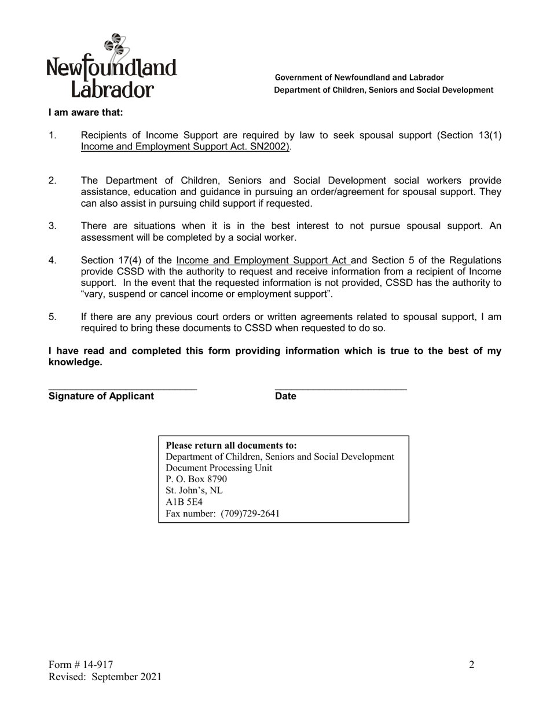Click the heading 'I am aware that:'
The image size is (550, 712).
click(x=86, y=112)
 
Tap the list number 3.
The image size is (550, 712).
click(x=52, y=226)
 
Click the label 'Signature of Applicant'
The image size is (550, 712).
click(x=101, y=396)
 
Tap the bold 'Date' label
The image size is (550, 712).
click(x=285, y=396)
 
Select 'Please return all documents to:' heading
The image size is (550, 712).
click(x=231, y=445)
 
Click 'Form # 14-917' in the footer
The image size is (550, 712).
click(x=81, y=665)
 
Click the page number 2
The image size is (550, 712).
click(x=471, y=665)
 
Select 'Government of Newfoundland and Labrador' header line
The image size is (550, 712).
click(x=359, y=78)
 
